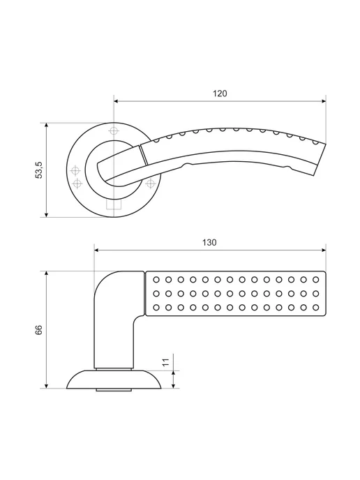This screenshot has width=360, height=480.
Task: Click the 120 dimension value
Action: coord(220,93)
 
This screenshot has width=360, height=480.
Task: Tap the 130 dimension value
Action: coord(209,243)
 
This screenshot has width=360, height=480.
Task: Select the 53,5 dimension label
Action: coord(40,170)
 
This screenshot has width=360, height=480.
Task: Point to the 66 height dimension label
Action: coord(39,330)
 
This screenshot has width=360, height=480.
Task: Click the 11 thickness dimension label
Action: coord(165,363)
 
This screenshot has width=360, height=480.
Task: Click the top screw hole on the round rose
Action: coord(114,130)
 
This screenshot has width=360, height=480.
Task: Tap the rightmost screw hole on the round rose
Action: coord(150,183)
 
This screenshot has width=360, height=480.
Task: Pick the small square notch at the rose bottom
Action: coord(114,205)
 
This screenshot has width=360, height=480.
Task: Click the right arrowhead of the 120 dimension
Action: coord(324,101)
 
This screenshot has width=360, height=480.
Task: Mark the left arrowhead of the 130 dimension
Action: coord(96,250)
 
